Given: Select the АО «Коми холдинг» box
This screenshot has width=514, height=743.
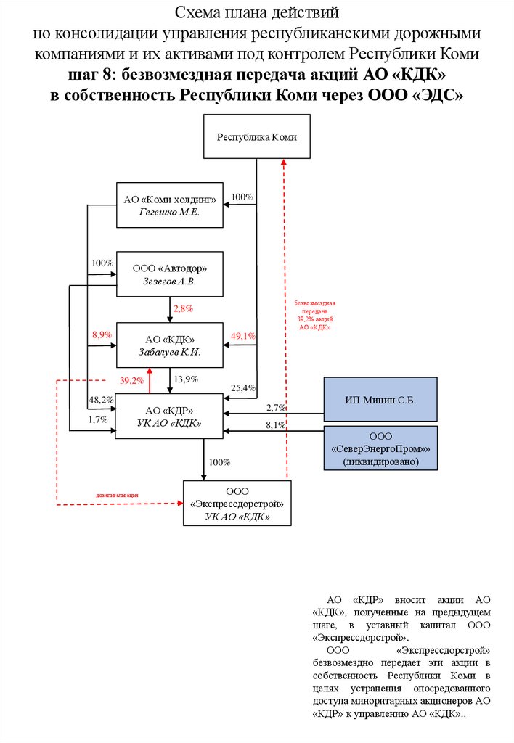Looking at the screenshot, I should click(x=170, y=205).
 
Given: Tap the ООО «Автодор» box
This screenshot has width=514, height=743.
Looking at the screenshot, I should click(x=170, y=274).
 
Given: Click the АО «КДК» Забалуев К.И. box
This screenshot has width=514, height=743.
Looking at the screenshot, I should click(x=170, y=345).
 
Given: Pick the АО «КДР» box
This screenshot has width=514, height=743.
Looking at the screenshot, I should click(x=170, y=416).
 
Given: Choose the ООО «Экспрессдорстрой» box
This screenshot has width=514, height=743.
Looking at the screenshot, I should click(x=237, y=503).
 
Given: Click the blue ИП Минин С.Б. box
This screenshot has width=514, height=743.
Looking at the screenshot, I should click(x=380, y=399).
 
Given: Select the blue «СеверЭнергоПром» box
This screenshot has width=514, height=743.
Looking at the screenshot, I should click(x=380, y=448).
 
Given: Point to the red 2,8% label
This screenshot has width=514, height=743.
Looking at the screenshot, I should click(x=183, y=309).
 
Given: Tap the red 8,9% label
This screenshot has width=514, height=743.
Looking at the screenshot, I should click(x=102, y=335).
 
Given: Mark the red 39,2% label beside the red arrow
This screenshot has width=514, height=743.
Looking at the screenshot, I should click(x=131, y=380).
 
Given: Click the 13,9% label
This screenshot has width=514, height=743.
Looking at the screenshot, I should click(x=186, y=379).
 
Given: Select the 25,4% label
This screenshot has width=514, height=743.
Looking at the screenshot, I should click(x=243, y=388).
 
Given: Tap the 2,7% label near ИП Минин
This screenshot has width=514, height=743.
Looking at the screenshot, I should click(x=276, y=408).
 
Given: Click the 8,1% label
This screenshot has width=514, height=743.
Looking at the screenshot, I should click(x=276, y=425).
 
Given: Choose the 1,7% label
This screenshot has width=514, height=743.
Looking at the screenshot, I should click(x=98, y=419).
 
